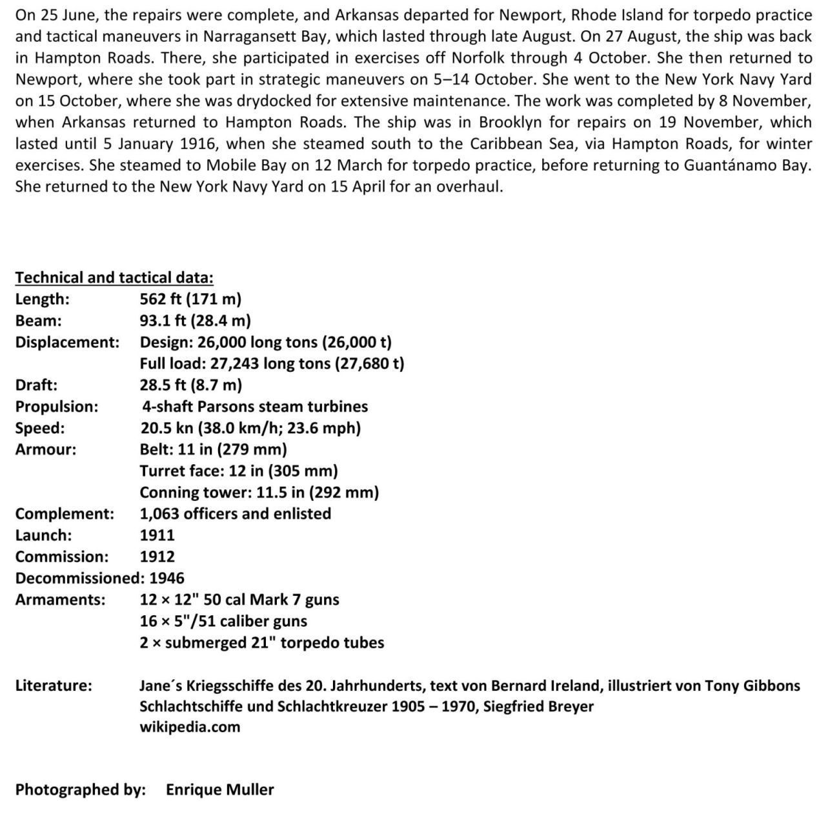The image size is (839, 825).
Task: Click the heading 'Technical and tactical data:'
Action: click(114, 278)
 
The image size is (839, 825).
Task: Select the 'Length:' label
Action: click(43, 299)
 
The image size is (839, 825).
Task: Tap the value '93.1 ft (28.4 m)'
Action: click(195, 320)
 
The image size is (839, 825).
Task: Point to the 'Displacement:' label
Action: click(67, 342)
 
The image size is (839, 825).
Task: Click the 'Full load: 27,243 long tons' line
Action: click(272, 363)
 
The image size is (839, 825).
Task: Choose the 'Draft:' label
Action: click(36, 385)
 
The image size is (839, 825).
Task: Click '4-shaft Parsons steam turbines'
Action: click(255, 407)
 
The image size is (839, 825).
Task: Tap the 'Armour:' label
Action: click(45, 449)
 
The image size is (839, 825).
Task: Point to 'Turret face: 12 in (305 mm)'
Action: click(239, 471)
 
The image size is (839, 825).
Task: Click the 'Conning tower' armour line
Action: click(259, 493)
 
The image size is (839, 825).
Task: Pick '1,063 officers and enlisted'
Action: click(235, 514)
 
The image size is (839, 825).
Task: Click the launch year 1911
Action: click(157, 535)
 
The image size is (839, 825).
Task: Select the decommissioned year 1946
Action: click(167, 578)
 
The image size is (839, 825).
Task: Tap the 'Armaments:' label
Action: click(60, 600)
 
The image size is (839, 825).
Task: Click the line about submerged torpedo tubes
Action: click(261, 643)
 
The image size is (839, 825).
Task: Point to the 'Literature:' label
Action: click(54, 686)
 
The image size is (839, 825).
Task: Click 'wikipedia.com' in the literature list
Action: click(190, 727)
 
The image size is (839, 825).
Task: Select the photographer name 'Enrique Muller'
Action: click(219, 789)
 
